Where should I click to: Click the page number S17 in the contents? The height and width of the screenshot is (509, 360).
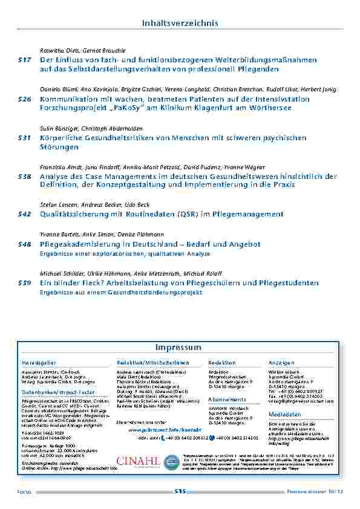click(24, 60)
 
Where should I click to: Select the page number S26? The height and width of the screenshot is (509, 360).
click(24, 99)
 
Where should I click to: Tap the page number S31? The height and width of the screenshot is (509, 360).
click(24, 138)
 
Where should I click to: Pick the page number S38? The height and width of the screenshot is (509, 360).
click(24, 177)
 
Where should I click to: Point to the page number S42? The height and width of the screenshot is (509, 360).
click(24, 214)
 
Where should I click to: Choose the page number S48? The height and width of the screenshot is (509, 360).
click(24, 244)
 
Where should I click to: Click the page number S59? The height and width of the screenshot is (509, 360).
click(24, 283)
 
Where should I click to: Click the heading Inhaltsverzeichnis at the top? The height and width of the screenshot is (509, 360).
click(180, 23)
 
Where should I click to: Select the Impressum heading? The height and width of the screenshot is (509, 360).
click(178, 348)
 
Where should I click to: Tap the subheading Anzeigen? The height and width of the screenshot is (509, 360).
click(281, 362)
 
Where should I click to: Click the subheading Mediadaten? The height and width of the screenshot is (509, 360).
click(284, 415)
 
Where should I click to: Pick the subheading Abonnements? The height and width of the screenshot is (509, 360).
click(227, 400)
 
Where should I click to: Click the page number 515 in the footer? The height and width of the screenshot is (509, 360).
click(179, 491)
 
